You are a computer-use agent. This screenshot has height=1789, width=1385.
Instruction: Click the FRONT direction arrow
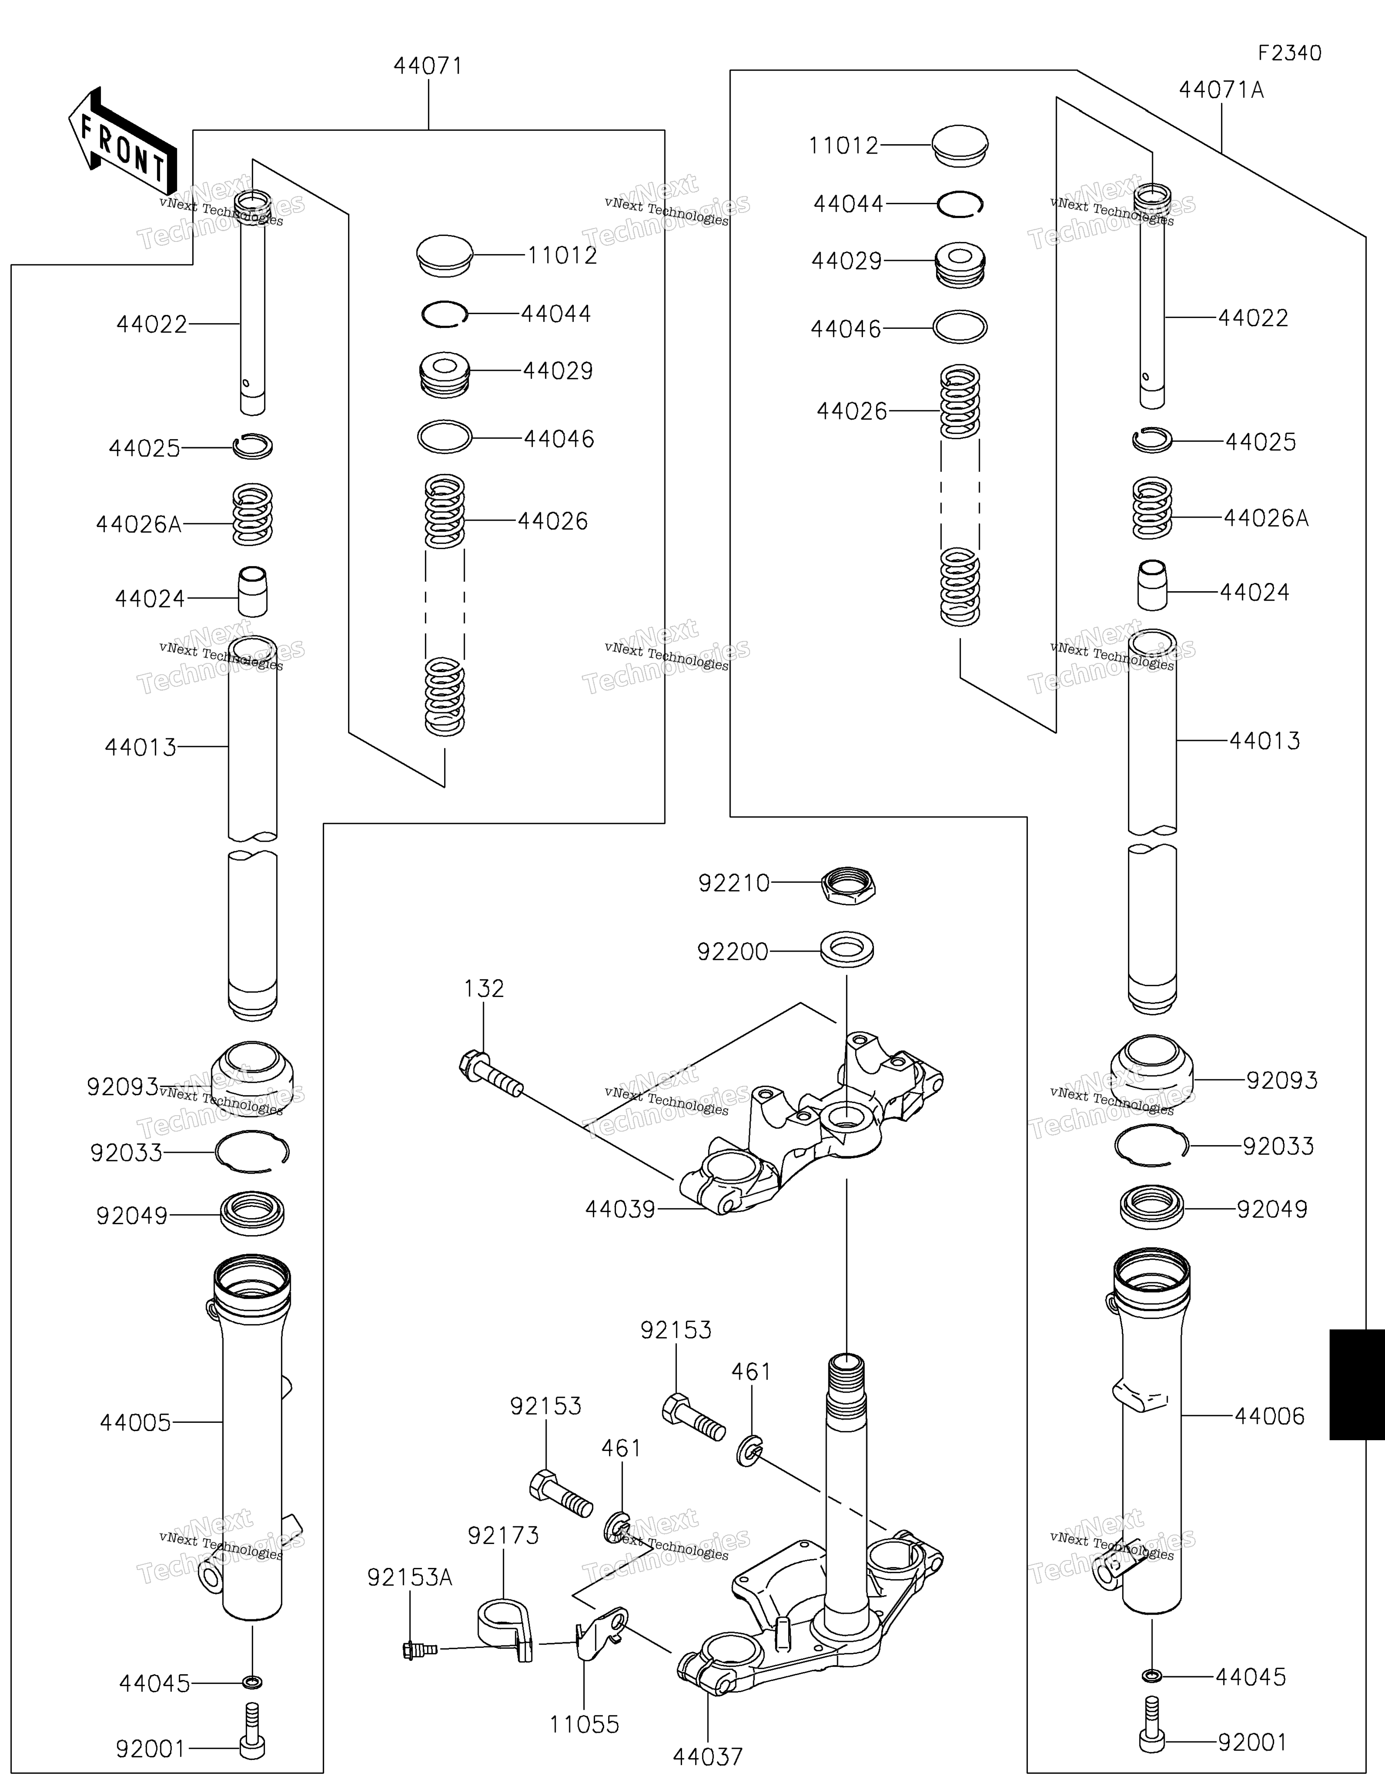click(x=123, y=141)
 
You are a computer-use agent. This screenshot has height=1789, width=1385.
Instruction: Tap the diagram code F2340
click(x=1290, y=53)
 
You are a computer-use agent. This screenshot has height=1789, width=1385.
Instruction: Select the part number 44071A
click(x=1221, y=90)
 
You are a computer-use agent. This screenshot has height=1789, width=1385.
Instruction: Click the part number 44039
click(x=620, y=1209)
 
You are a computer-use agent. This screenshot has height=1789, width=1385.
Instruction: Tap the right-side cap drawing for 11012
click(x=960, y=146)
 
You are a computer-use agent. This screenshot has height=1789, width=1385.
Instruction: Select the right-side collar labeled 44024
click(x=1153, y=585)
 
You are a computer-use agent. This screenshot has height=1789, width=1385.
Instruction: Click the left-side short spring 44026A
click(x=252, y=515)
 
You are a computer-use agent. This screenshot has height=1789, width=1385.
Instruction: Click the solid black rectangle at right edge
click(x=1356, y=1384)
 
